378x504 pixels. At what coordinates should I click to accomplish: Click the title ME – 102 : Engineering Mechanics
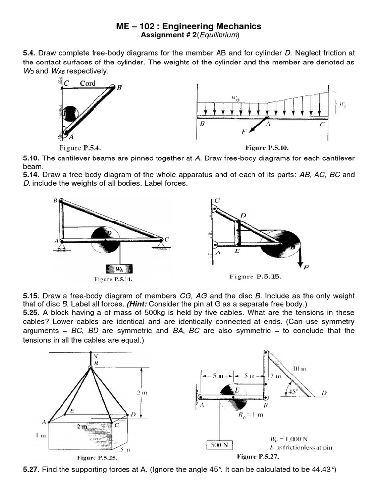[189, 26]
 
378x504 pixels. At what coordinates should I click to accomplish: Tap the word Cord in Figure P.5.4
[88, 83]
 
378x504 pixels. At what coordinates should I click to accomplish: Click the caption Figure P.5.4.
[80, 147]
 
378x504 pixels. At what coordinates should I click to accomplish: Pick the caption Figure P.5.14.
[114, 279]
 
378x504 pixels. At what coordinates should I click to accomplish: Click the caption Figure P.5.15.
[255, 276]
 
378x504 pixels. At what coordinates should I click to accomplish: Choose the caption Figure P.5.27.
[258, 456]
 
